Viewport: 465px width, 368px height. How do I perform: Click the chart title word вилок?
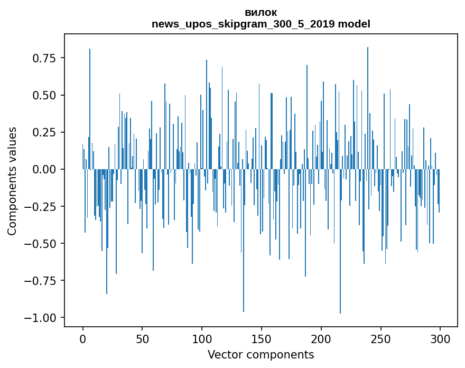coord(261,13)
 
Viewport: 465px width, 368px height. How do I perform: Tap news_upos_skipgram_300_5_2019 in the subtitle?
coord(243,24)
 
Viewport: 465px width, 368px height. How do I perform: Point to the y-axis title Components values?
coord(12,181)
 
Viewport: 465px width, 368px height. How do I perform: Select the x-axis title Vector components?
coord(261,355)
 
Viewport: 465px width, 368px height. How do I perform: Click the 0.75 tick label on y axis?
coord(44,58)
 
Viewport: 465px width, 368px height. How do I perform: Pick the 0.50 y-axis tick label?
coord(44,95)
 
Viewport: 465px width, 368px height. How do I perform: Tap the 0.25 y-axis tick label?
coord(44,132)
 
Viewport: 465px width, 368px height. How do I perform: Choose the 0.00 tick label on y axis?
coord(44,169)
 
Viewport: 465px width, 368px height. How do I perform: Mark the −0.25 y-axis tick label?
coord(41,206)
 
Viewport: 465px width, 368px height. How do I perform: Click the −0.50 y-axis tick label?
coord(41,243)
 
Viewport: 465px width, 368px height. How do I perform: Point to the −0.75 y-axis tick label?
coord(41,280)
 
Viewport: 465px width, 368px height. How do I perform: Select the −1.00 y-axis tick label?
coord(41,317)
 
